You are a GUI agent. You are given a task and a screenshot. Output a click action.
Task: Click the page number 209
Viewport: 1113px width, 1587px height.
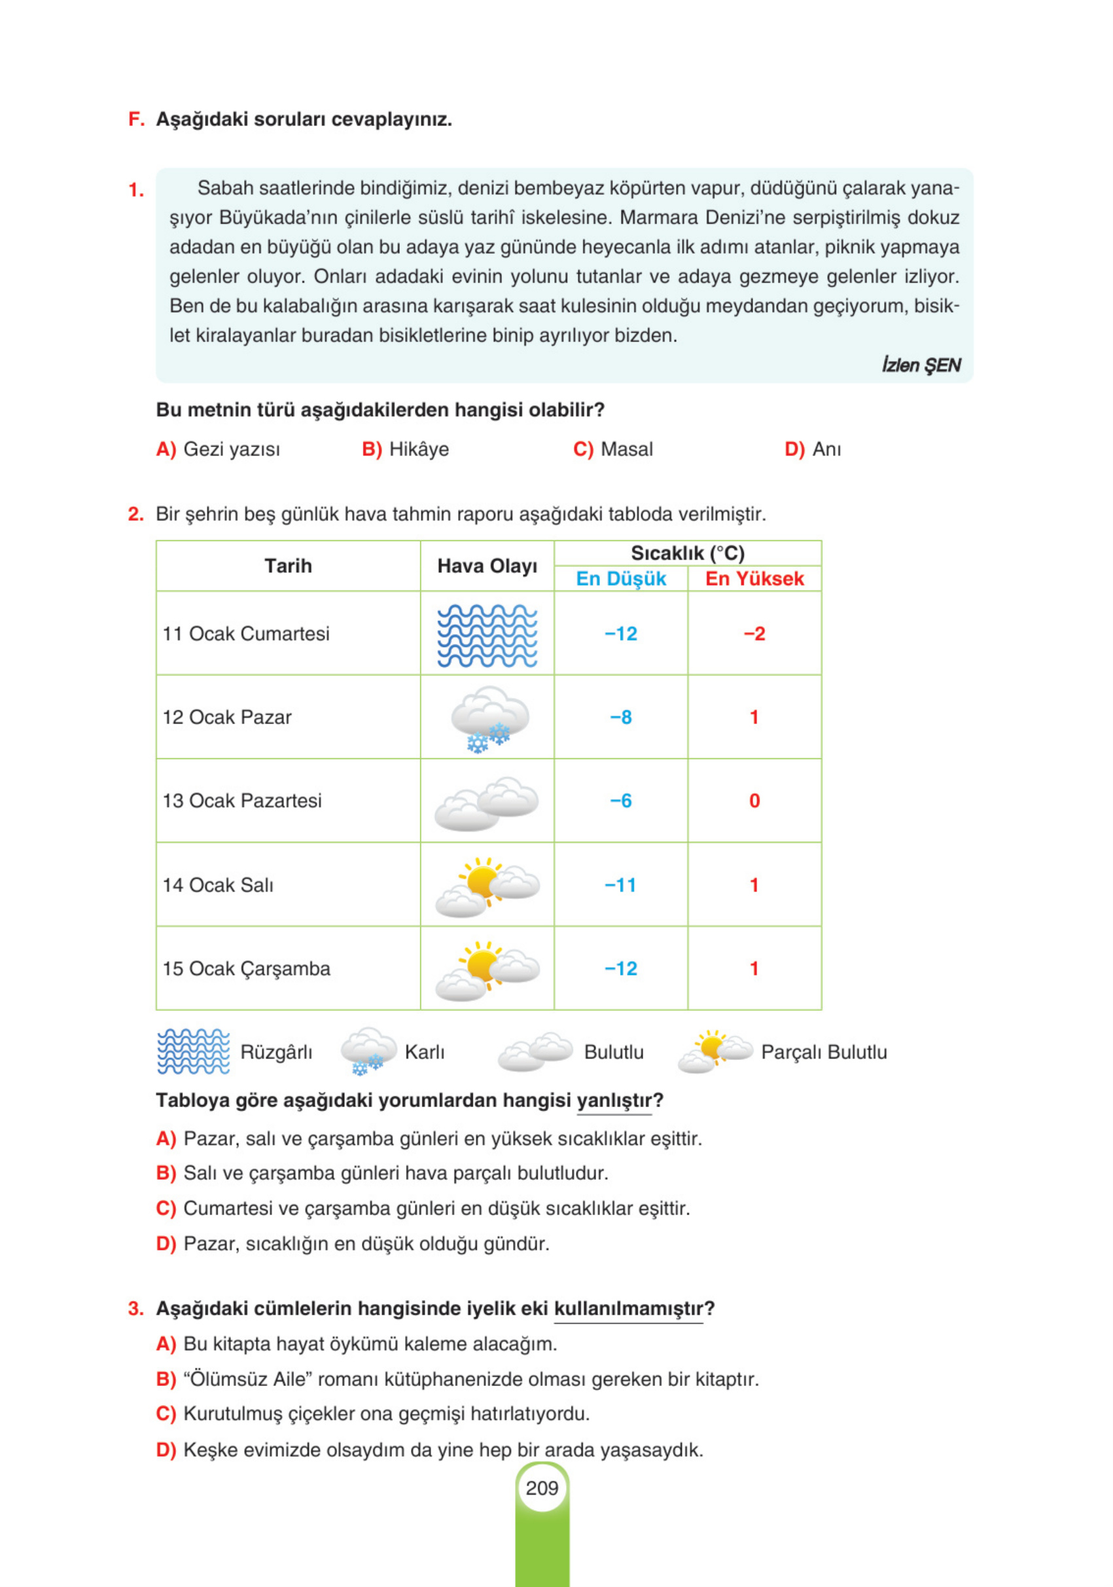542,1488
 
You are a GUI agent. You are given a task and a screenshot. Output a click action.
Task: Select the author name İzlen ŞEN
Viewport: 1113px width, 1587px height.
920,365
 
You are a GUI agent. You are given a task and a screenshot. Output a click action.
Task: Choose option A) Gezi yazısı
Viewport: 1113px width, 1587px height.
218,449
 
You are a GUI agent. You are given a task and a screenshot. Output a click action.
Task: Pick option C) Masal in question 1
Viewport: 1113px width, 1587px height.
613,449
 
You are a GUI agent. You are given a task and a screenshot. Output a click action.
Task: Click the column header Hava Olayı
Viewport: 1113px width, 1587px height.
487,566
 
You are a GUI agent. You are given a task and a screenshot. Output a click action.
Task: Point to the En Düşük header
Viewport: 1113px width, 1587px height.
620,579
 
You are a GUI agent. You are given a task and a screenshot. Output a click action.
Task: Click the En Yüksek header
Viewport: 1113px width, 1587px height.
754,579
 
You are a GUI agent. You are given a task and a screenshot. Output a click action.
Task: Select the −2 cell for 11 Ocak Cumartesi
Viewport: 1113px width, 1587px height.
754,634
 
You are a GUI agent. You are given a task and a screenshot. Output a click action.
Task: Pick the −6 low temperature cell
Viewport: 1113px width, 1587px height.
620,801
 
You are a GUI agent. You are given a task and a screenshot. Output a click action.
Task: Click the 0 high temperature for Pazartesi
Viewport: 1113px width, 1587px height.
754,801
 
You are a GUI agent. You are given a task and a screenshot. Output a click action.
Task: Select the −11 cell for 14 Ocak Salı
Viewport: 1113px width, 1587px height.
620,885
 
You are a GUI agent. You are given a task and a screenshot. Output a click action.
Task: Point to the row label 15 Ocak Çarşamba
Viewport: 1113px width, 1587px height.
246,968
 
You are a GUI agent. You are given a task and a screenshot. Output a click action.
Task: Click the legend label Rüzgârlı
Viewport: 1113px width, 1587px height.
275,1052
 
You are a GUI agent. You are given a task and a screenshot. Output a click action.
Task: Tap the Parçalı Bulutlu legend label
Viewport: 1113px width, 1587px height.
824,1052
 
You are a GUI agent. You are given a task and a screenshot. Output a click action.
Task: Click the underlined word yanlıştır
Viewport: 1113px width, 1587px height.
614,1101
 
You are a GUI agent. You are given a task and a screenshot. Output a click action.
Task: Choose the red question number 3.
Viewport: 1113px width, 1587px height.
135,1309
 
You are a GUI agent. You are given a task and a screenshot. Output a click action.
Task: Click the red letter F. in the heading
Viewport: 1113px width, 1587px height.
136,120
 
